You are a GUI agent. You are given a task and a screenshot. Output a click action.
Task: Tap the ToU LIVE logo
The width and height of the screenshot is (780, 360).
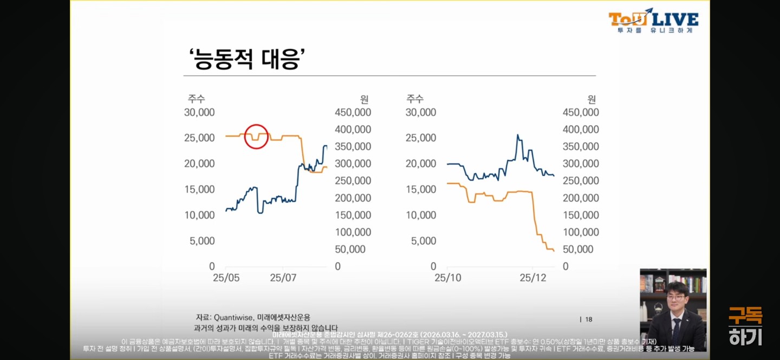tap(653, 21)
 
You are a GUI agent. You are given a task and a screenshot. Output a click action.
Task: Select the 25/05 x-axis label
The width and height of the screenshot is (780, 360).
tap(226, 278)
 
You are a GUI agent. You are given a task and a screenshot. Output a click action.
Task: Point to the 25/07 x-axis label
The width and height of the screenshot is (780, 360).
tap(283, 278)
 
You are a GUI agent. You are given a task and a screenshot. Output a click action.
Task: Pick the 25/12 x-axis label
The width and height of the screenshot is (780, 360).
tap(533, 278)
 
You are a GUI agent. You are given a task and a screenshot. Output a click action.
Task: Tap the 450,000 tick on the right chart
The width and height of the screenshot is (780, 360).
tap(581, 112)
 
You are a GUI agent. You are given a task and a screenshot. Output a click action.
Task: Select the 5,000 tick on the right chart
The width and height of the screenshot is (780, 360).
tap(421, 240)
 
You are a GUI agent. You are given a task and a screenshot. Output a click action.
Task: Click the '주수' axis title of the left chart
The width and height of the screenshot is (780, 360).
tap(197, 99)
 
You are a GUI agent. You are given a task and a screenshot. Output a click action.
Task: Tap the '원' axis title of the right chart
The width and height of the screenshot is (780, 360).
tap(591, 99)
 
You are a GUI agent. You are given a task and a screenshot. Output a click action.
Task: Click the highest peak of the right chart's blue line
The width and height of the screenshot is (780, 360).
tap(518, 135)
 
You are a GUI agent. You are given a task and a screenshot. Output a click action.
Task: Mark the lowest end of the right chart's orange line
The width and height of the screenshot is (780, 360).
tap(554, 251)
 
